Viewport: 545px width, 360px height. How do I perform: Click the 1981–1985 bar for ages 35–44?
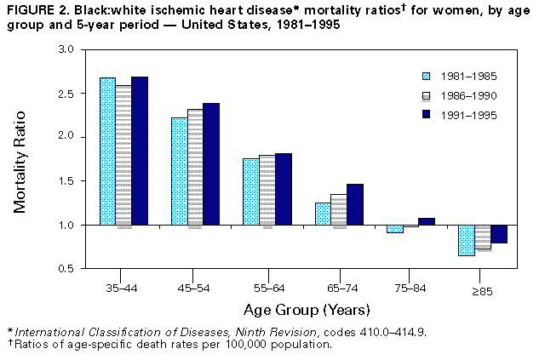[107, 151]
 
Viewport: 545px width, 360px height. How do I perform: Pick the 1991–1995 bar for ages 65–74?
[355, 204]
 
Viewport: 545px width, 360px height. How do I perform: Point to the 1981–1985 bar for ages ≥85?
[466, 240]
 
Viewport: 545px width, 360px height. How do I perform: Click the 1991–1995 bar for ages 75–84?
[427, 221]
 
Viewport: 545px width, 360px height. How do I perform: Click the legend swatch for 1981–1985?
[430, 75]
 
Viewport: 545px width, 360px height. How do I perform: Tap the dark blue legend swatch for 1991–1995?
[430, 114]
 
